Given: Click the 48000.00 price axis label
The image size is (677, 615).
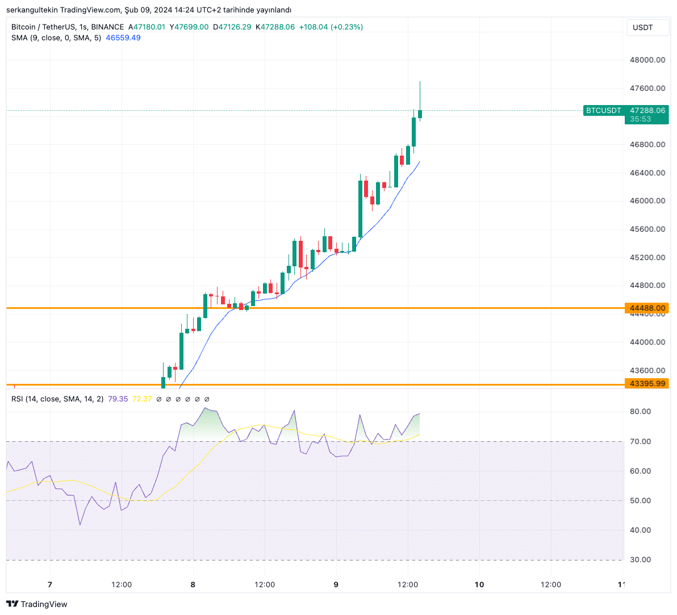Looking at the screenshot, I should click(x=647, y=60).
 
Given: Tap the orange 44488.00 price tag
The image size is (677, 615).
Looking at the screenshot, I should click(x=647, y=308).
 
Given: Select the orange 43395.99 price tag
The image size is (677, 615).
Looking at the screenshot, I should click(x=647, y=384).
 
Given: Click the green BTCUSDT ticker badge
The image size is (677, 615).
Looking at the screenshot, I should click(x=603, y=110).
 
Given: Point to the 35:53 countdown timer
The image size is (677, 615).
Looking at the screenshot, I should click(x=640, y=119).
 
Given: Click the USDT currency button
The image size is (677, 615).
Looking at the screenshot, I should click(x=643, y=27).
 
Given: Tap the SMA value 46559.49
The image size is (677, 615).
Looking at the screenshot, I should click(x=123, y=38).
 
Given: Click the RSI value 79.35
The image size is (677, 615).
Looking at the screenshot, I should click(x=118, y=399).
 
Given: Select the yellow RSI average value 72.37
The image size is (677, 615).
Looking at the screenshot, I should click(x=142, y=399).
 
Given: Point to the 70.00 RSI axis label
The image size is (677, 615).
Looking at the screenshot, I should click(x=640, y=441).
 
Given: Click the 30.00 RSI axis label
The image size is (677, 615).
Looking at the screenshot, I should click(x=640, y=559).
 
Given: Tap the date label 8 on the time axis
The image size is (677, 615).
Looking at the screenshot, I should click(x=193, y=584).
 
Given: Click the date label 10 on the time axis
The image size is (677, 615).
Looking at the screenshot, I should click(x=479, y=584).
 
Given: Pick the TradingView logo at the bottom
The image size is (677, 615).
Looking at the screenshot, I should click(x=37, y=604).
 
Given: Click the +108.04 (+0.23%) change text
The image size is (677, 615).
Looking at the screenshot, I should click(x=331, y=27).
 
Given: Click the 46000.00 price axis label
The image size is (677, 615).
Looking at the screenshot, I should click(x=647, y=200).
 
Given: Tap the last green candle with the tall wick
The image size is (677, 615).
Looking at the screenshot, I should click(x=420, y=114).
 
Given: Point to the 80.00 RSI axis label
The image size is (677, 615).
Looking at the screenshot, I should click(x=640, y=411).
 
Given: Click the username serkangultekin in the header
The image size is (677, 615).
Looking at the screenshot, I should click(x=32, y=10).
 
